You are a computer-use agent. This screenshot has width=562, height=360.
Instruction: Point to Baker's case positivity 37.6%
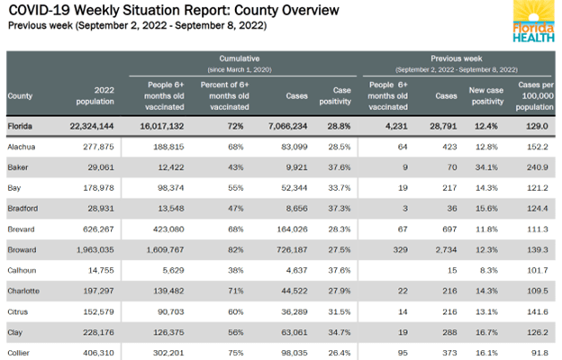(x=332, y=167)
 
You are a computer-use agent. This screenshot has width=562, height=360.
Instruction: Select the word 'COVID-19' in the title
(x=35, y=11)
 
